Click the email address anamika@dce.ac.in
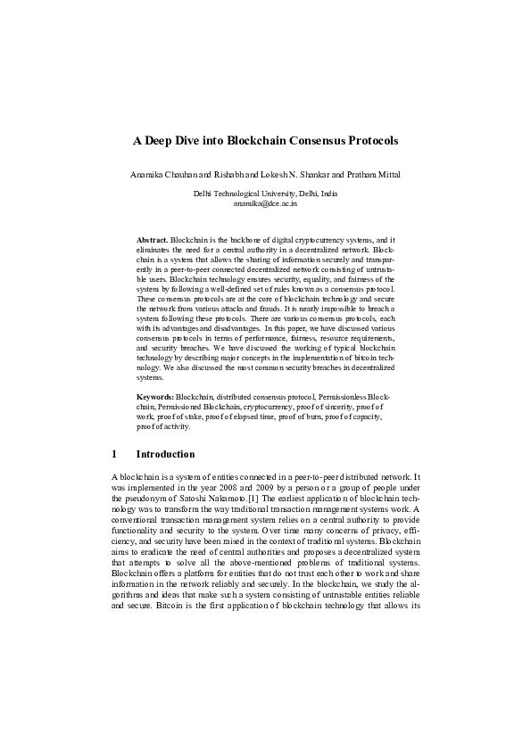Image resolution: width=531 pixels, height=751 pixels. tap(265, 203)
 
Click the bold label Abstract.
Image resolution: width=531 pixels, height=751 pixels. tap(152, 241)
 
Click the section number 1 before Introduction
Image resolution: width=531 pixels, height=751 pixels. tap(114, 454)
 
